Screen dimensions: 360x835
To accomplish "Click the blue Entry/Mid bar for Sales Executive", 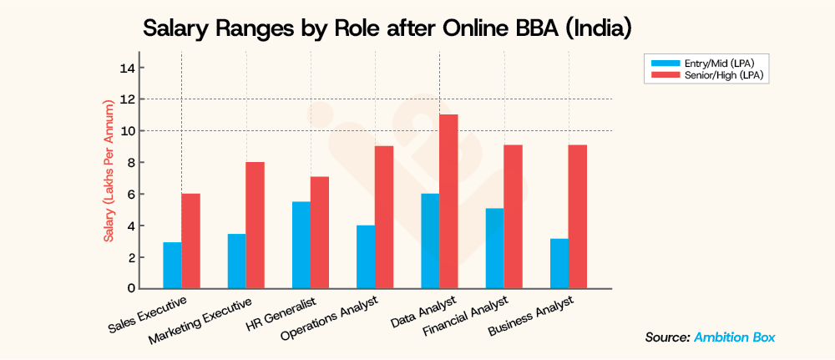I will pos(172,265).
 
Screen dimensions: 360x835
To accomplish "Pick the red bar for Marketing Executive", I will pos(255,225).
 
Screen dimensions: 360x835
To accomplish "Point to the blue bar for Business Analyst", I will pos(559,263).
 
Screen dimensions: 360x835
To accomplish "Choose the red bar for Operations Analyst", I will pos(384,217).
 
